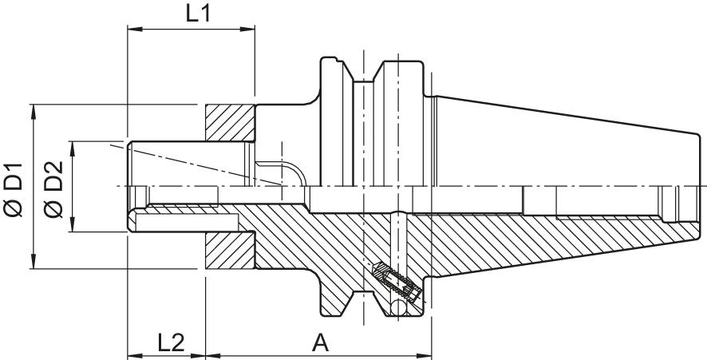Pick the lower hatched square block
point(230,250)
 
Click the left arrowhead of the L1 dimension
point(132,31)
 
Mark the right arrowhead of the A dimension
point(425,354)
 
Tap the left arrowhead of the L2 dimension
point(133,354)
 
